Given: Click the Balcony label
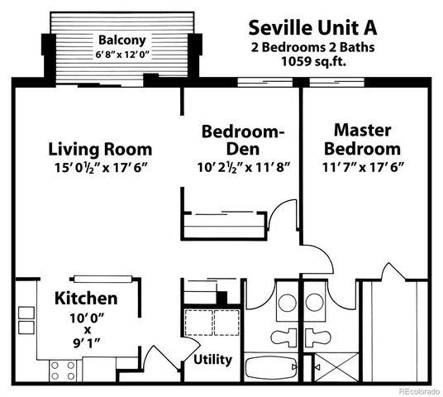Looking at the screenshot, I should [121, 40].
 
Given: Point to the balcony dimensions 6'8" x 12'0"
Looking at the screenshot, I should [121, 54].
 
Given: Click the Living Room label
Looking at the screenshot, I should [99, 150].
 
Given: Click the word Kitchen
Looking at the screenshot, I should [86, 299].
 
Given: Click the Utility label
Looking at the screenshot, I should [212, 360].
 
